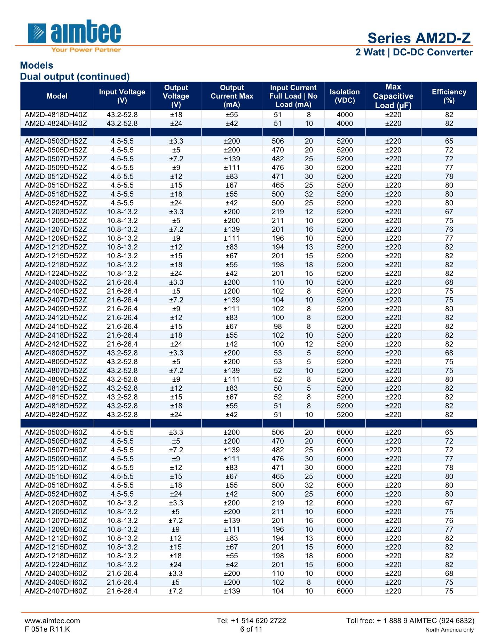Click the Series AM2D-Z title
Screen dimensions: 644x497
[x=419, y=38]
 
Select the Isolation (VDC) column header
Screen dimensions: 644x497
[x=345, y=96]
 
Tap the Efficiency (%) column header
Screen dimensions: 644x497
[x=449, y=96]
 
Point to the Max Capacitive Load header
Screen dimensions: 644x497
[x=393, y=96]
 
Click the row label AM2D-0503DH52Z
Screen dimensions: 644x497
[x=56, y=141]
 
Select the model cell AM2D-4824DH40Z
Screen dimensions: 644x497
[x=56, y=123]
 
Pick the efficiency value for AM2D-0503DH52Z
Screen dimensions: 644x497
[x=449, y=141]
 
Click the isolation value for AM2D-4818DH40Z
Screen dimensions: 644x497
[x=345, y=115]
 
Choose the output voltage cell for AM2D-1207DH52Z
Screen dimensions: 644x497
[x=176, y=229]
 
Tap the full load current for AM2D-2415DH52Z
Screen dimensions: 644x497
[x=278, y=326]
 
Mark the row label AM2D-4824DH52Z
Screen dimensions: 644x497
[x=56, y=414]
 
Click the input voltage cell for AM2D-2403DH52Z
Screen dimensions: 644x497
[x=122, y=282]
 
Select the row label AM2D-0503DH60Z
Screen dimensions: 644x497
[x=56, y=432]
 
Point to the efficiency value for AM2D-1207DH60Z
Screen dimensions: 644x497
[x=449, y=520]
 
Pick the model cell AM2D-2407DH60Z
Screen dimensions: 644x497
[x=56, y=591]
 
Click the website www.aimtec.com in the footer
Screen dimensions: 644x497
[x=52, y=620]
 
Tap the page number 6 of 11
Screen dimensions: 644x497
[x=251, y=629]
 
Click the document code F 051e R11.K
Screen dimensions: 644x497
[x=47, y=629]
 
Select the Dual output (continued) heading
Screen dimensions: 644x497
[x=75, y=76]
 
